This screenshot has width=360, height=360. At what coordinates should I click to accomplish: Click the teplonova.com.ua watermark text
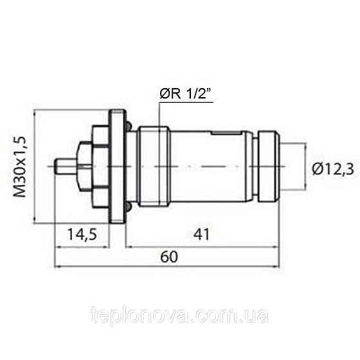coord(181,316)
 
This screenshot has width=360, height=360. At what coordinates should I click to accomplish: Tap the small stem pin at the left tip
coord(64,168)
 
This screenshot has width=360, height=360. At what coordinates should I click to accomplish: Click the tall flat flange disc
coord(116,168)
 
